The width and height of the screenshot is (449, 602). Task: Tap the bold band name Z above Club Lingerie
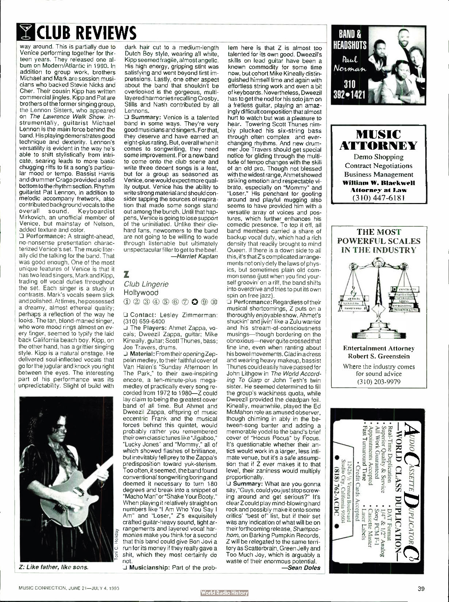click(x=127, y=273)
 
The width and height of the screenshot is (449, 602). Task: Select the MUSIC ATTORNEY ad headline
click(x=378, y=140)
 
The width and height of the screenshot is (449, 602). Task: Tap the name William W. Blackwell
click(x=378, y=182)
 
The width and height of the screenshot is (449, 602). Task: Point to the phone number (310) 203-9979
click(x=378, y=381)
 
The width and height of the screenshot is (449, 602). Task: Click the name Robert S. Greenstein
click(x=378, y=356)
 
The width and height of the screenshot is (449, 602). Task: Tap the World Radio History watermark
click(x=224, y=593)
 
